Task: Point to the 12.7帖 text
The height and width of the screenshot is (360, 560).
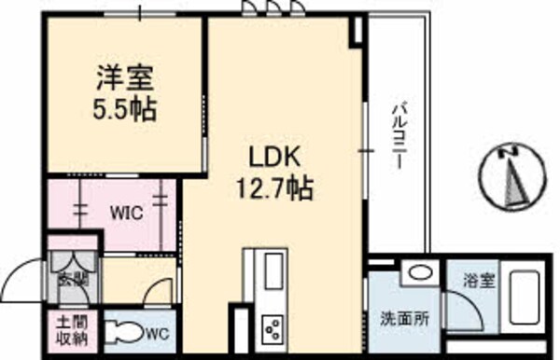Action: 273,187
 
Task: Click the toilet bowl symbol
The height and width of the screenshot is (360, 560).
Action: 121,331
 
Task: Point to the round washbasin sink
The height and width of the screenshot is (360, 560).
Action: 420,274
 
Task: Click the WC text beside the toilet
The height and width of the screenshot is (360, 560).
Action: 156,331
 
